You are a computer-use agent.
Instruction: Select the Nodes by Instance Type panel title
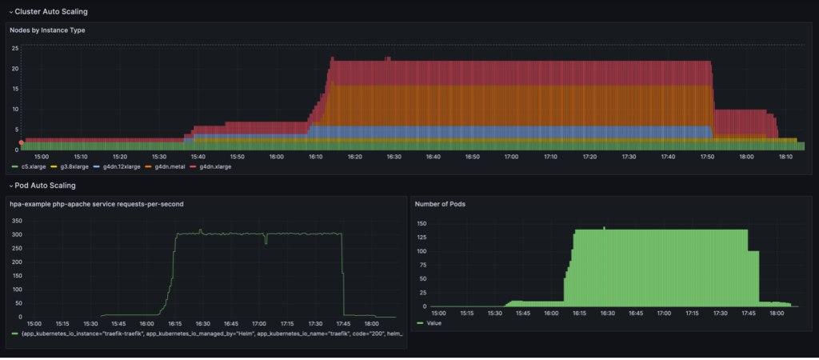47,30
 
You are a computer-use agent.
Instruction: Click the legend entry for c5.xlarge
33,167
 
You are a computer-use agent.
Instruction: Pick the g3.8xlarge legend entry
73,167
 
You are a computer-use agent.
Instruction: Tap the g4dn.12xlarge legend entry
119,167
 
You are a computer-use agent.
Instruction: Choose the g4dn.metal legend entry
167,167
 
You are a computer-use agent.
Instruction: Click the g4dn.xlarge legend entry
212,167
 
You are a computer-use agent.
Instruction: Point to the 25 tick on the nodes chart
14,48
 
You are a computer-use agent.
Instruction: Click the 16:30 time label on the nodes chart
394,157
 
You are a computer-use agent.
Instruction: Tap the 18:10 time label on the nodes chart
785,157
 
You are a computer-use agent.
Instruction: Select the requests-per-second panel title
96,204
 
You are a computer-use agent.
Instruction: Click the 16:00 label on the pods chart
551,314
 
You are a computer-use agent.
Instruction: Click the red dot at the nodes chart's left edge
22,142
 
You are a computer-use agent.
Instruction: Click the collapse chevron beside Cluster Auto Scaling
10,12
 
